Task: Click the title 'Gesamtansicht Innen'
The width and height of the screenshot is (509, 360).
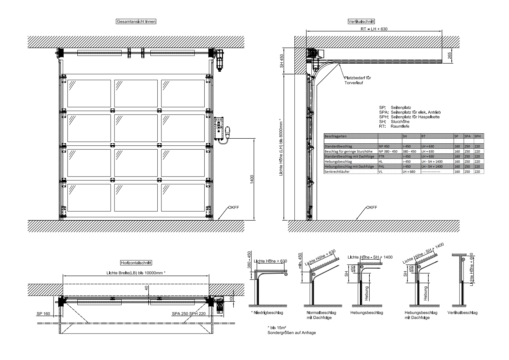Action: (x=136, y=21)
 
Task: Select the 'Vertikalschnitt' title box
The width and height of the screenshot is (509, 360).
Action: (x=361, y=21)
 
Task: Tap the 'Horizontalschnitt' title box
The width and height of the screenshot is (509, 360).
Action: (x=136, y=263)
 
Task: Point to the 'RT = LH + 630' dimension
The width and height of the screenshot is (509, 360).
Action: (x=374, y=29)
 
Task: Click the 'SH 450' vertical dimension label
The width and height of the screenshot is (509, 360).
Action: (x=282, y=61)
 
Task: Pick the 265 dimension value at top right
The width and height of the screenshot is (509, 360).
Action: (x=449, y=56)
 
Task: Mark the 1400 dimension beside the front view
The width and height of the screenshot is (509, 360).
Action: (x=252, y=179)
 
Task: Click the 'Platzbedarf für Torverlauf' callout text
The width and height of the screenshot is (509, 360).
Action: (x=358, y=80)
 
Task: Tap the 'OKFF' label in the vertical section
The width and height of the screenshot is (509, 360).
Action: (x=371, y=208)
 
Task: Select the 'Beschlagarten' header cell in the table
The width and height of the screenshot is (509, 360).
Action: (x=336, y=136)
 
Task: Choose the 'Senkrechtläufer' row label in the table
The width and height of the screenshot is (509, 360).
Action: (x=337, y=171)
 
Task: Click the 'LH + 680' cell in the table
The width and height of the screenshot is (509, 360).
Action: (x=409, y=171)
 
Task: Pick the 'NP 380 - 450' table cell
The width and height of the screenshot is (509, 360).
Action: (x=388, y=151)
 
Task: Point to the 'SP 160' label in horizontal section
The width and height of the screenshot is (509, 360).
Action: (x=43, y=314)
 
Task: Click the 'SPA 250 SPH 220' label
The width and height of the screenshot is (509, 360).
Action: (x=189, y=314)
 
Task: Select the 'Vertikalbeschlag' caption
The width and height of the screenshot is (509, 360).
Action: (x=462, y=313)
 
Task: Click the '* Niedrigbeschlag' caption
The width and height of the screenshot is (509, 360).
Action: (x=267, y=313)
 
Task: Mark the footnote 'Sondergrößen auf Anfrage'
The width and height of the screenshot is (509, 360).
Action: (x=292, y=333)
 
